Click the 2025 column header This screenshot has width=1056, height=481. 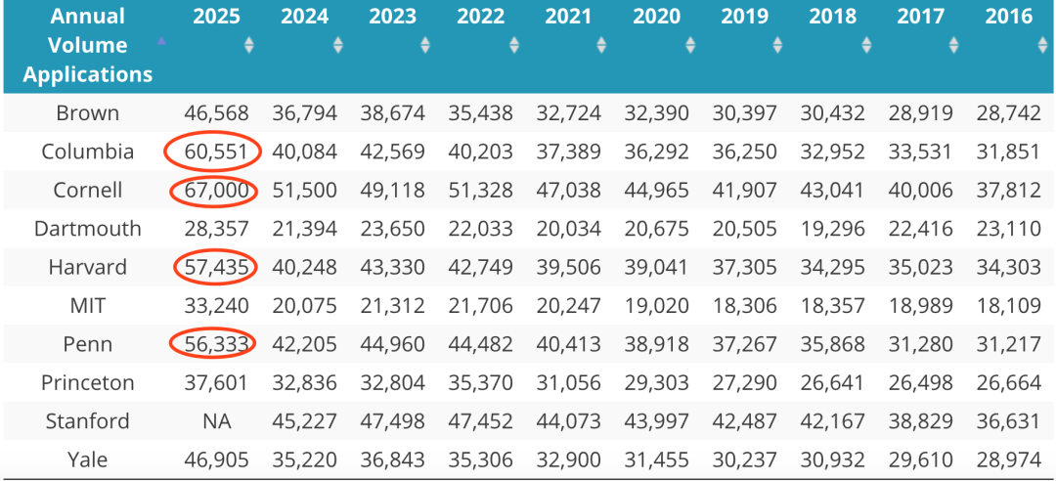click(x=216, y=16)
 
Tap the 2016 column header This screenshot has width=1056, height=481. click(x=1008, y=16)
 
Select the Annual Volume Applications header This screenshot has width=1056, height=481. click(x=88, y=45)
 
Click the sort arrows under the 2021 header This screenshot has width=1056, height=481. click(x=601, y=45)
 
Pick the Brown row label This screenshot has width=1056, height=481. click(x=88, y=113)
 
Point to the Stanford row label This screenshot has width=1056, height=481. click(x=88, y=421)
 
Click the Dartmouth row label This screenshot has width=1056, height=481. click(x=88, y=229)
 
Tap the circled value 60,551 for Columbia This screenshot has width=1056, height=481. click(x=212, y=153)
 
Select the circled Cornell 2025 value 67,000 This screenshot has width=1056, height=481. click(x=212, y=191)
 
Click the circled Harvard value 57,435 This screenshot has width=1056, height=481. click(x=212, y=267)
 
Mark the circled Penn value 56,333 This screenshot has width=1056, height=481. click(x=212, y=344)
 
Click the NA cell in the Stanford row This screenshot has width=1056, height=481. click(x=216, y=421)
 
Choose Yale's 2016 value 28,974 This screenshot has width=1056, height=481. click(x=1008, y=459)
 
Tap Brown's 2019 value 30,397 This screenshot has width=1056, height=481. click(x=744, y=113)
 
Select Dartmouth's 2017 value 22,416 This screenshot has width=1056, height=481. click(x=920, y=229)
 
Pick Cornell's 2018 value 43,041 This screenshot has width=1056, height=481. click(x=832, y=191)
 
